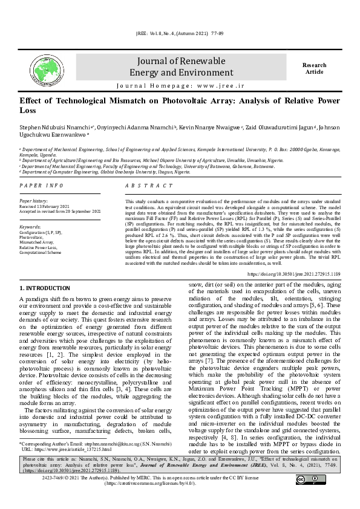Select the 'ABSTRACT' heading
(x=145, y=185)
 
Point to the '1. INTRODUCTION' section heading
(x=45, y=288)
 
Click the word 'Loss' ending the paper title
(x=28, y=111)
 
